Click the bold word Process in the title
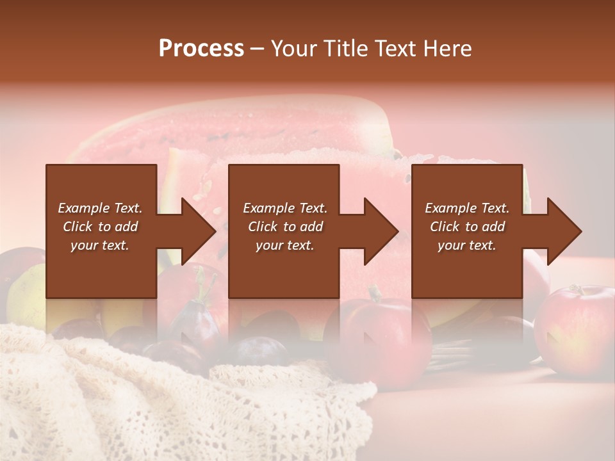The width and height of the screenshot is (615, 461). click(x=201, y=49)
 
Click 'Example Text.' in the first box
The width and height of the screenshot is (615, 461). click(x=101, y=208)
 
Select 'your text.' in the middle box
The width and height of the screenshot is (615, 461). click(x=284, y=245)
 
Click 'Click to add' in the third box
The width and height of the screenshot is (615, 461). click(x=467, y=227)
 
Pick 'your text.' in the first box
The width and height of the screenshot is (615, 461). click(x=101, y=245)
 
